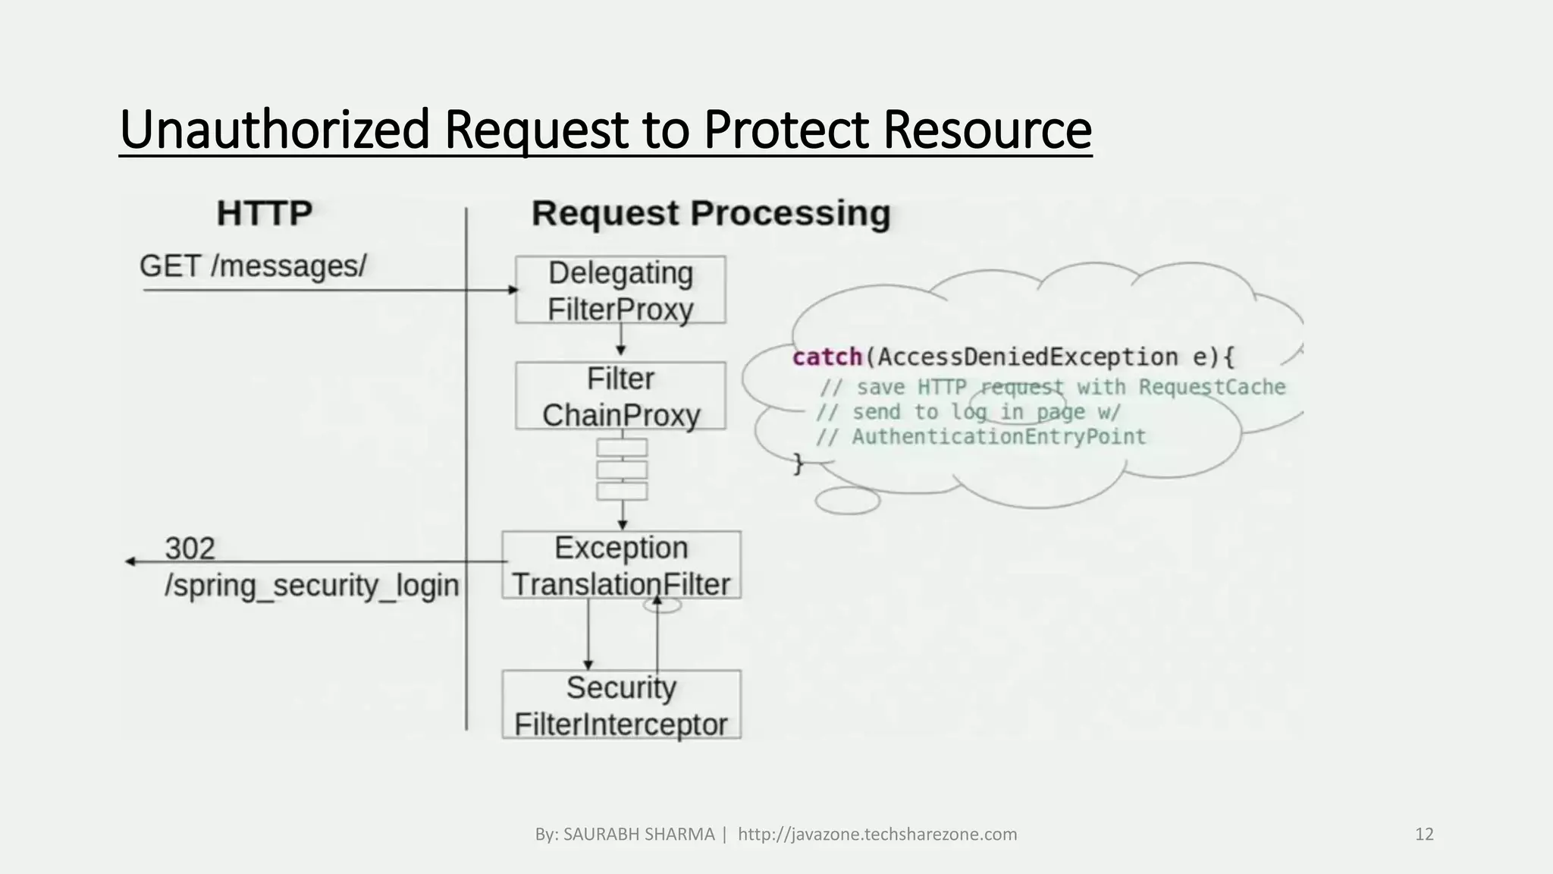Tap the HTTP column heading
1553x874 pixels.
(x=264, y=213)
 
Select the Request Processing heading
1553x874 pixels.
(x=711, y=213)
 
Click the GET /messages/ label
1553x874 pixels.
(x=253, y=266)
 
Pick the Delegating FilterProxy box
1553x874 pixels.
(x=620, y=290)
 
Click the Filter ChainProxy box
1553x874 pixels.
(x=620, y=396)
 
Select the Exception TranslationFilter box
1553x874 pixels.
(x=621, y=565)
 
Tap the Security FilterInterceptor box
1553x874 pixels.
(x=621, y=705)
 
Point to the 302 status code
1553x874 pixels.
(x=190, y=549)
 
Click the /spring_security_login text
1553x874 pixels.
(x=312, y=586)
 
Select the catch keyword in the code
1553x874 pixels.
(x=827, y=357)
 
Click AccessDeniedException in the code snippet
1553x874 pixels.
(x=1024, y=357)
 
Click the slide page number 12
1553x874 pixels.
(x=1424, y=835)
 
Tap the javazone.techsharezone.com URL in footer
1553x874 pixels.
(x=877, y=835)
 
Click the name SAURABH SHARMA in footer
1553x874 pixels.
(x=638, y=835)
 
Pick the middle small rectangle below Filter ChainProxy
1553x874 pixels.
(x=622, y=470)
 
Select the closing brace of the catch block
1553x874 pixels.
(x=798, y=463)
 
